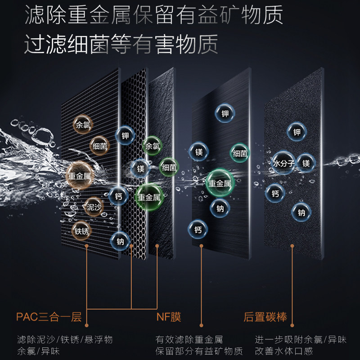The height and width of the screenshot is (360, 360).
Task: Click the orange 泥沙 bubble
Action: [x=94, y=207]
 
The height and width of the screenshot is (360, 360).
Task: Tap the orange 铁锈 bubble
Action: [x=82, y=231]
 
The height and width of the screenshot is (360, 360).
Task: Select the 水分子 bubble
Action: [x=283, y=163]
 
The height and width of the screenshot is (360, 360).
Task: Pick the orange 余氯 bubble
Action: [x=83, y=124]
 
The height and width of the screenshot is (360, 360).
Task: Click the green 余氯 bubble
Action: [x=151, y=146]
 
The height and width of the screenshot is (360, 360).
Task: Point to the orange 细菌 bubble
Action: [x=99, y=146]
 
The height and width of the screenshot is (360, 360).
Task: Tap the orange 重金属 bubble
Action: [x=79, y=176]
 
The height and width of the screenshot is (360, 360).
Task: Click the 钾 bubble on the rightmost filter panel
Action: [x=297, y=132]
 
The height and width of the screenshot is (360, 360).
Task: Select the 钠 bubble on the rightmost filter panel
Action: [x=301, y=212]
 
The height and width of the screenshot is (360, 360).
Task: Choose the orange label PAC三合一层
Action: [x=49, y=317]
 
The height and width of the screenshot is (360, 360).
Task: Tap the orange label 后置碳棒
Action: [x=265, y=317]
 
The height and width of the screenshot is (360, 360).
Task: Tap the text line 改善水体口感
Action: [x=283, y=351]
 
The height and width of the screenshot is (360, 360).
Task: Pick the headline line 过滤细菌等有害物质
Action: [x=121, y=44]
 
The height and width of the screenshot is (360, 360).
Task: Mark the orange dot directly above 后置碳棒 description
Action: [x=292, y=246]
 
